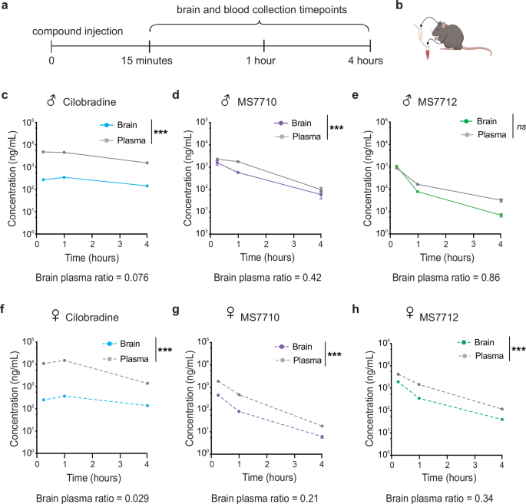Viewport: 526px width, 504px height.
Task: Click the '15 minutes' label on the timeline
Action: coord(149,61)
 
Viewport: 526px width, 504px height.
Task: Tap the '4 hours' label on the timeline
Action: coord(369,61)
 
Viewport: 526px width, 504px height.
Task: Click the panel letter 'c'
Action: coord(5,97)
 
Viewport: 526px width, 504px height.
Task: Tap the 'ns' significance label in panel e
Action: coord(518,127)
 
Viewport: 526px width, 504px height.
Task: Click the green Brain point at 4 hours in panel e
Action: coord(501,215)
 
